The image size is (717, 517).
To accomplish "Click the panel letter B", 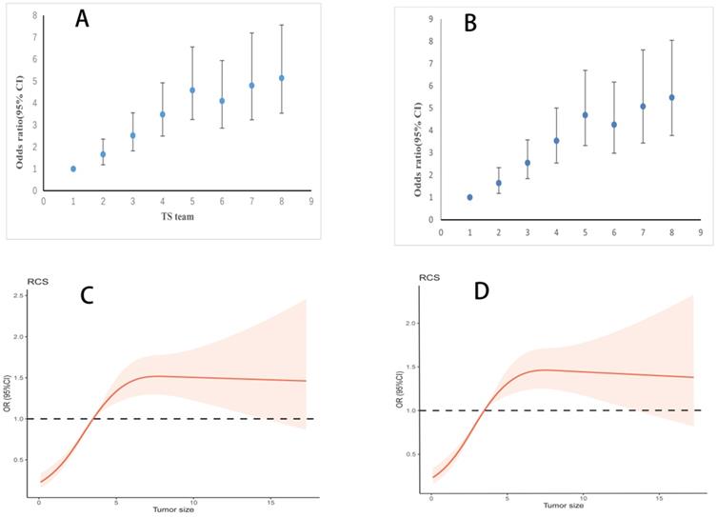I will pos(469,23).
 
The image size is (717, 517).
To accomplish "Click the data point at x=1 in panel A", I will pos(73,169).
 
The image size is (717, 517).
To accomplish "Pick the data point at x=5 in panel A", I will pos(192,90).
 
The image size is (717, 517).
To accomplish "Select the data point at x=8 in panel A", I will pos(282,78).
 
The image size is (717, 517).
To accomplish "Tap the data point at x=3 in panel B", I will pos(528,163).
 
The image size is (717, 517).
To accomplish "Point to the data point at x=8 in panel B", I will pos(672,97).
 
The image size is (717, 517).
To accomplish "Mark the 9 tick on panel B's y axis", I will pos(431,19).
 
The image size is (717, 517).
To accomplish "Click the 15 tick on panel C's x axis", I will pos(271,502).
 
